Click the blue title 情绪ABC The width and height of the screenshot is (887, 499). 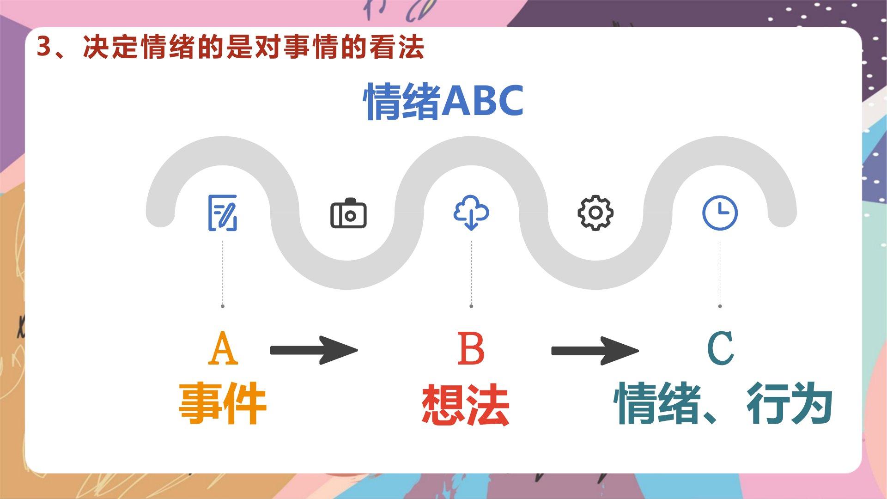click(444, 101)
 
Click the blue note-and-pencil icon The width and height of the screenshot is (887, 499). click(223, 213)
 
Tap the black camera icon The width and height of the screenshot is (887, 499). click(348, 213)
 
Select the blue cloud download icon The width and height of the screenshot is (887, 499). click(471, 213)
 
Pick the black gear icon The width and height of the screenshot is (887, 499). click(595, 213)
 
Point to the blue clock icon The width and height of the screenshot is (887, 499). click(720, 213)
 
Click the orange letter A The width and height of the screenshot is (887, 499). click(223, 348)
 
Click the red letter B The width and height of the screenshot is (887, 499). click(471, 348)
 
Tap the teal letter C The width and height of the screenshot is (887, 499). click(720, 348)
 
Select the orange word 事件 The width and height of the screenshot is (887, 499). click(223, 403)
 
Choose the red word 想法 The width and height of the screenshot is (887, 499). click(466, 404)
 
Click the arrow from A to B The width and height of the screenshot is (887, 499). click(314, 350)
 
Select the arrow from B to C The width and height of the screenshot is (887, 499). click(595, 351)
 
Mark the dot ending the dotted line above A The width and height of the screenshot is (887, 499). click(223, 306)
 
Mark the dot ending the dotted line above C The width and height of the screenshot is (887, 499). click(720, 306)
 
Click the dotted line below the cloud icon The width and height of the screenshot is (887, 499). click(471, 273)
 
